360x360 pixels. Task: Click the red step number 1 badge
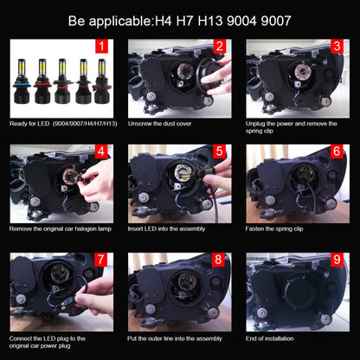pos(102,48)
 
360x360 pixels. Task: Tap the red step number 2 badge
pos(221,48)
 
